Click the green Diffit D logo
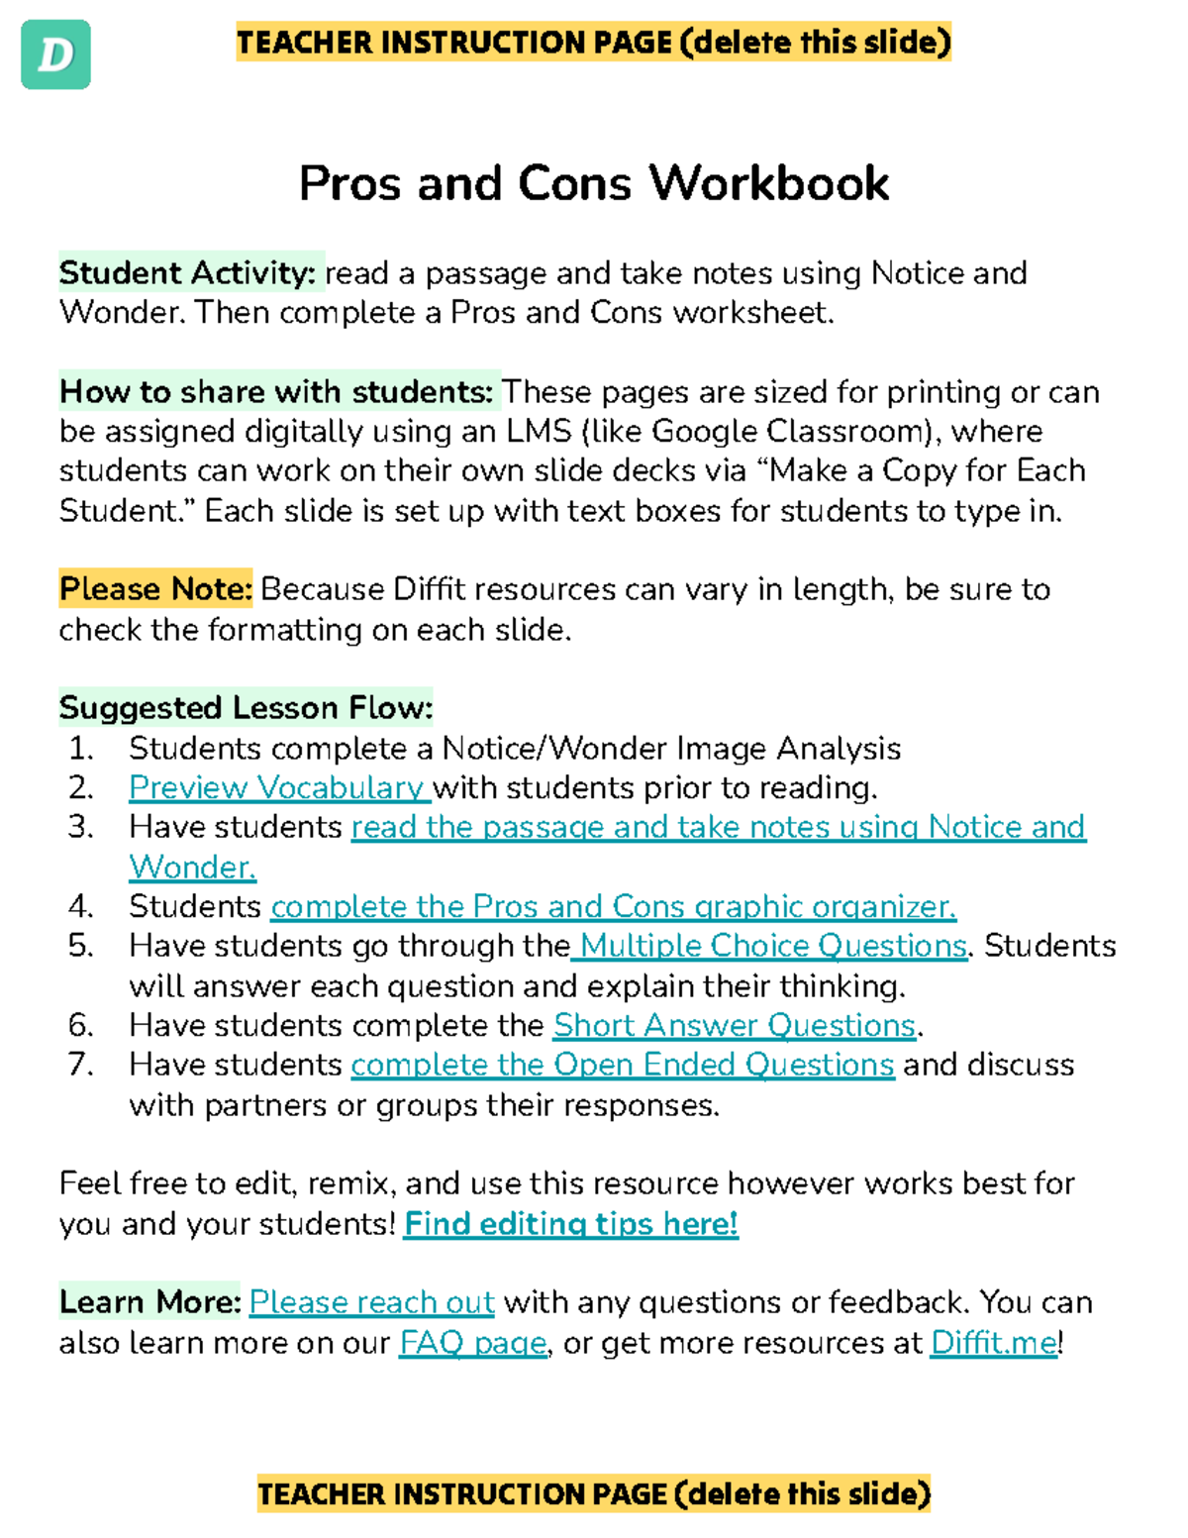click(55, 54)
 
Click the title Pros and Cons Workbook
click(593, 183)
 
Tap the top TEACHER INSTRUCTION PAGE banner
click(593, 43)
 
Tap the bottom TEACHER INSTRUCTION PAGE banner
click(593, 1493)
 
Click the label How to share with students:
click(276, 391)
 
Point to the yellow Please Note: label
click(155, 589)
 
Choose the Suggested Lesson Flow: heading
click(246, 708)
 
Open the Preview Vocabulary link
click(277, 787)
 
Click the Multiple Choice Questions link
click(772, 946)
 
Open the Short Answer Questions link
click(734, 1025)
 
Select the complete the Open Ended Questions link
click(623, 1065)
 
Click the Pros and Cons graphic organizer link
click(613, 906)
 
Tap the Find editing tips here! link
click(571, 1224)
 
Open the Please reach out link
click(371, 1302)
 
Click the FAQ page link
click(472, 1343)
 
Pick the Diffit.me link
click(993, 1343)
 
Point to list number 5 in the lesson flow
click(81, 946)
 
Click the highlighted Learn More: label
click(149, 1302)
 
